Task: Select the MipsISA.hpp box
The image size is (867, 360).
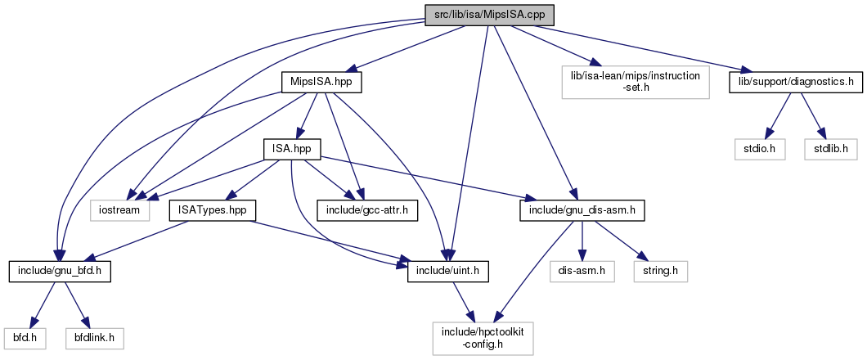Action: tap(321, 83)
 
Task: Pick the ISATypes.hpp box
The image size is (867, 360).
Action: tap(212, 210)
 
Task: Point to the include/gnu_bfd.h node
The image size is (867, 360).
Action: tap(60, 269)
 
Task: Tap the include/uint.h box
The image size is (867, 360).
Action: tap(448, 269)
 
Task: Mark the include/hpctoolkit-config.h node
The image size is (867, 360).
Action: tap(483, 335)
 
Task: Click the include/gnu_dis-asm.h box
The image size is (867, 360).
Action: tap(582, 210)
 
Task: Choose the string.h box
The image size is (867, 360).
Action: tap(659, 269)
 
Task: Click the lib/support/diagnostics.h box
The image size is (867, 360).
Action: tap(797, 83)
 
